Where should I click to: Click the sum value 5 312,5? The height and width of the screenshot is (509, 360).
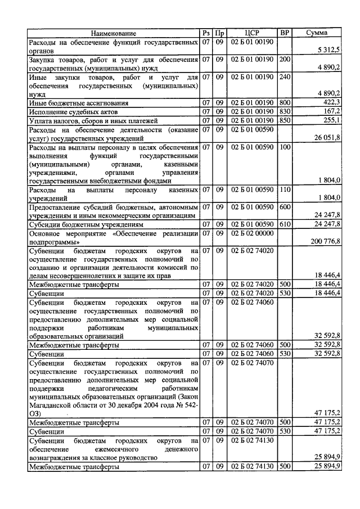pyautogui.click(x=329, y=50)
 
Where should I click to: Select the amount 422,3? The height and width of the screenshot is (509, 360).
pyautogui.click(x=332, y=103)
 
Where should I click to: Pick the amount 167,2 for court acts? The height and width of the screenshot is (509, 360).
pyautogui.click(x=332, y=112)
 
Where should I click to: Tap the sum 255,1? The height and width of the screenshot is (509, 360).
pyautogui.click(x=332, y=120)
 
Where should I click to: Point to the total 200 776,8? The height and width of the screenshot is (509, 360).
pyautogui.click(x=326, y=241)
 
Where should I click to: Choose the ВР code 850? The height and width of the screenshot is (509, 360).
pyautogui.click(x=285, y=120)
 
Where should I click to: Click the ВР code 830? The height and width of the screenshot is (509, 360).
pyautogui.click(x=285, y=112)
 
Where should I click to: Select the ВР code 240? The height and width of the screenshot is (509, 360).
pyautogui.click(x=285, y=76)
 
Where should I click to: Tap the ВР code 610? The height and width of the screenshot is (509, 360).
pyautogui.click(x=285, y=224)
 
